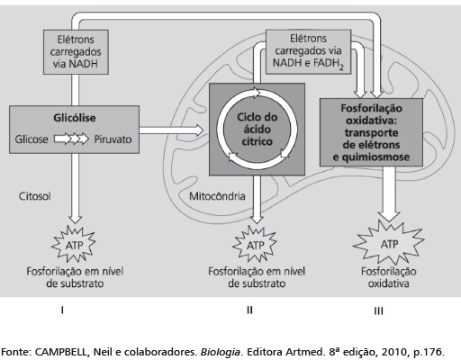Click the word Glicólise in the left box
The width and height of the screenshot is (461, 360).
75,118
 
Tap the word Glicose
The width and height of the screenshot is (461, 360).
32,139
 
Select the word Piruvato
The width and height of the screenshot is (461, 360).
113,139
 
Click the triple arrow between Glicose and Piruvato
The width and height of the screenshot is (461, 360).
71,139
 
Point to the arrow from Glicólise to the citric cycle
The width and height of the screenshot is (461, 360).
171,130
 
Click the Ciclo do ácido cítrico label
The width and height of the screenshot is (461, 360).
258,130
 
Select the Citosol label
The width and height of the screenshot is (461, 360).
34,196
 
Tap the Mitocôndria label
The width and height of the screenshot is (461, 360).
217,196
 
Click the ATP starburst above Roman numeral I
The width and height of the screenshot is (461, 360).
74,245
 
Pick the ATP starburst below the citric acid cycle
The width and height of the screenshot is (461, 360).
255,245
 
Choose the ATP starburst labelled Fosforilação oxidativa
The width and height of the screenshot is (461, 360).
389,243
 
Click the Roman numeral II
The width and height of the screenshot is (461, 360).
249,310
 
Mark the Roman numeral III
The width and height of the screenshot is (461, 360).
378,310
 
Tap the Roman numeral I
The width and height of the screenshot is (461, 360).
62,310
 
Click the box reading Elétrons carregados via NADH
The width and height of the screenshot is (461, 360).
76,52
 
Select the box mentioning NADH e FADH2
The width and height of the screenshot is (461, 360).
308,51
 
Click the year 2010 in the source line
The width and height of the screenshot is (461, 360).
391,352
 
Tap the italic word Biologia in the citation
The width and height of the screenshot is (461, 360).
220,352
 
